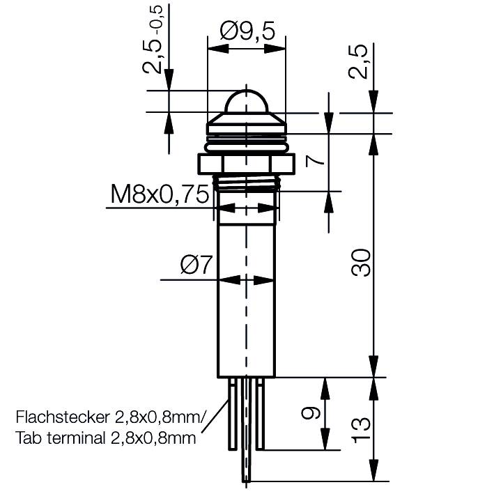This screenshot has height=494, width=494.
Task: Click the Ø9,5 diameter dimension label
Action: (247, 31)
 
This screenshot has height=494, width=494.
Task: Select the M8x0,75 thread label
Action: (160, 194)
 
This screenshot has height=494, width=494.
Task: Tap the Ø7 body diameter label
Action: (195, 265)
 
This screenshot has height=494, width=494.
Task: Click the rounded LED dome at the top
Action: (247, 101)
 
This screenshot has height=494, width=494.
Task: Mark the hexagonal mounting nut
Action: (247, 165)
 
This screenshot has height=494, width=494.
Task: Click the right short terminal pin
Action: (260, 415)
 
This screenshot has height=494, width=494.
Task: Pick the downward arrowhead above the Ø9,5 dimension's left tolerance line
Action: (169, 82)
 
